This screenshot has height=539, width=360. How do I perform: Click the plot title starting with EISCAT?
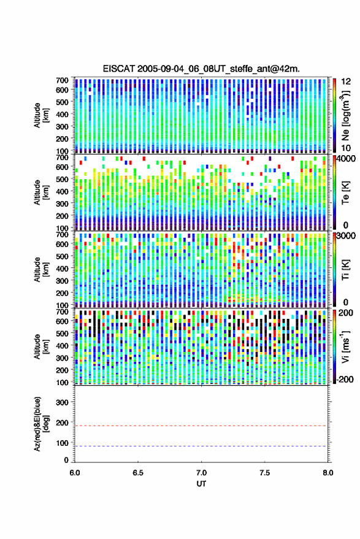(x=201, y=69)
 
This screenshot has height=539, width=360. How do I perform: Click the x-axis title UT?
(x=201, y=484)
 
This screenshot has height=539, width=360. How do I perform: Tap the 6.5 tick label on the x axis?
(x=138, y=473)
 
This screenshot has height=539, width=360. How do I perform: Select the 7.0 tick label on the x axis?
(x=201, y=473)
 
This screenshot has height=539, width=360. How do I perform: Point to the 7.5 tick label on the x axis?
(x=264, y=473)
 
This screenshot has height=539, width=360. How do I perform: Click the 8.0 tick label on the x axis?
(x=327, y=473)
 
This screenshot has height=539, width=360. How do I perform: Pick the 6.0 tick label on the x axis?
(x=75, y=473)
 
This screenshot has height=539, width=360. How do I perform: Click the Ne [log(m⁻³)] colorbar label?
(x=346, y=115)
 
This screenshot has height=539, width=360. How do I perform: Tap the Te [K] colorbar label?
(x=345, y=193)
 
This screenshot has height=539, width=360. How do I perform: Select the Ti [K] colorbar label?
(x=345, y=270)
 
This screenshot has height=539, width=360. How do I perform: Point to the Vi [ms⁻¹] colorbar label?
(x=345, y=346)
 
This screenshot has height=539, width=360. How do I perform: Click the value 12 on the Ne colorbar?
(x=346, y=82)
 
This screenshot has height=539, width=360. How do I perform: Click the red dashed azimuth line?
(x=201, y=426)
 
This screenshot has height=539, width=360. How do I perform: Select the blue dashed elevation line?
(x=201, y=446)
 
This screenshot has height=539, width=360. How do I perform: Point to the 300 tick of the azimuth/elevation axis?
(x=62, y=402)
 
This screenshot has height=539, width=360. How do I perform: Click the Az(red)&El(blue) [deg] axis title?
(x=41, y=424)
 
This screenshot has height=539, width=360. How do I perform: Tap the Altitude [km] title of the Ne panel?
(x=41, y=115)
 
